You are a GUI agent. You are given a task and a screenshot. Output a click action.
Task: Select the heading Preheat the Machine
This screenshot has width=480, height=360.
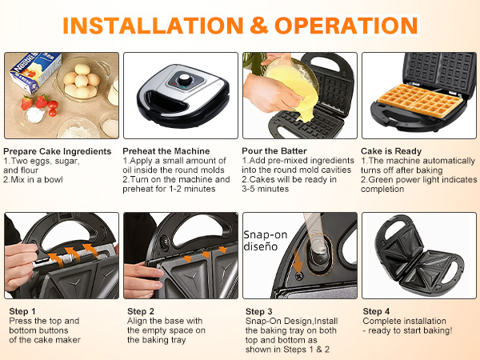166,150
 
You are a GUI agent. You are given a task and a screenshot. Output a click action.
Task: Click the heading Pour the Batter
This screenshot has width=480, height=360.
277,150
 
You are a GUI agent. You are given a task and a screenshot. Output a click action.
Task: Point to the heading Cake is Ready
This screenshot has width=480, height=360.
391,150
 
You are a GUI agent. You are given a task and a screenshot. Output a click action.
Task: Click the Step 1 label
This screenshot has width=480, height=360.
22,310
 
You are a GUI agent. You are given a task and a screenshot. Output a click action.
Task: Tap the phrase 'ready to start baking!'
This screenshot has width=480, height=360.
410,330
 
